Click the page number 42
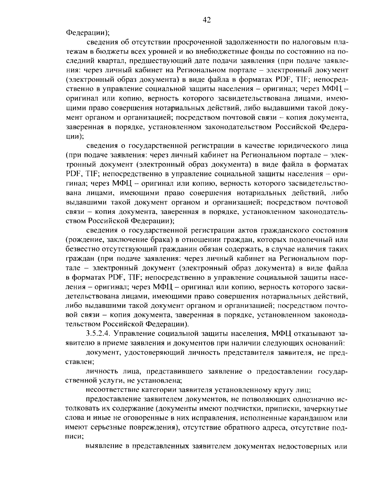[x=206, y=20]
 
